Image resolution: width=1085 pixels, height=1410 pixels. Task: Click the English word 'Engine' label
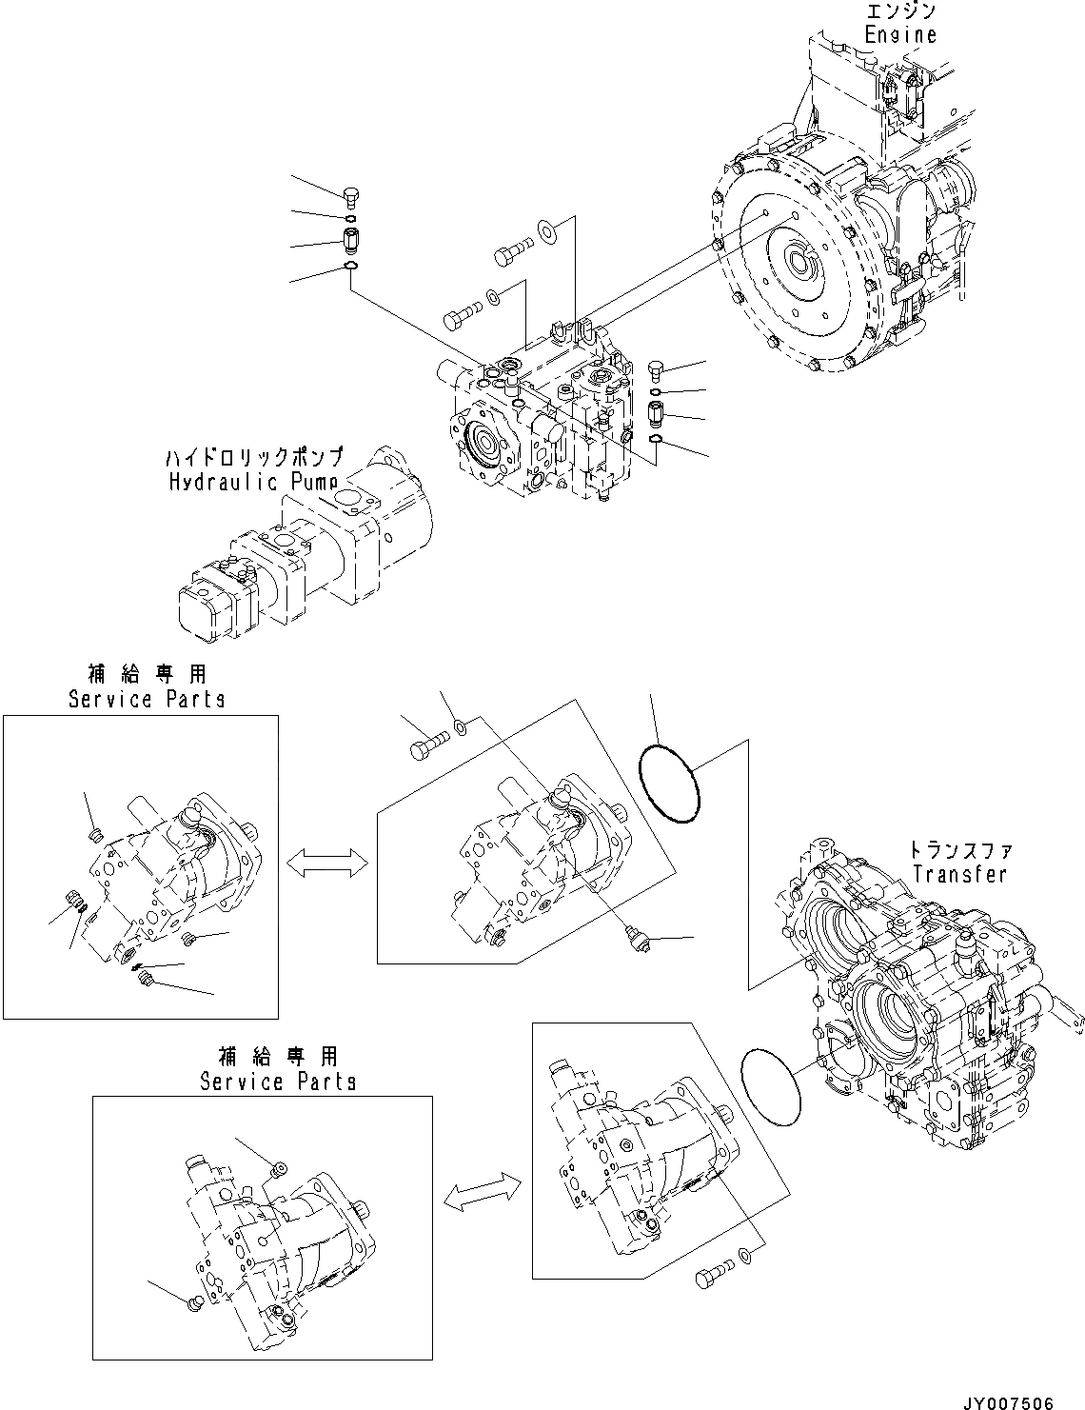899,34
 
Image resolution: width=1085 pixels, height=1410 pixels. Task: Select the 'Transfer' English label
958,873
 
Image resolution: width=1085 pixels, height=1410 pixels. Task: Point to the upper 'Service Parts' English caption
147,699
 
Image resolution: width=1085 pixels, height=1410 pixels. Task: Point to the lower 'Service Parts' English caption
278,1082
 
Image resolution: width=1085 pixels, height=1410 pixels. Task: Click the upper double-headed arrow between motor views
327,863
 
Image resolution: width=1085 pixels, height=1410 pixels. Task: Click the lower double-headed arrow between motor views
483,1193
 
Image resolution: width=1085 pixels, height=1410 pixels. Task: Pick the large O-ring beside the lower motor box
770,1082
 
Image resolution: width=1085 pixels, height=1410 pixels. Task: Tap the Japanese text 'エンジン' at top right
900,11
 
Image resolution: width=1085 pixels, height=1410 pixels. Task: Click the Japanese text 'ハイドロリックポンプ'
254,458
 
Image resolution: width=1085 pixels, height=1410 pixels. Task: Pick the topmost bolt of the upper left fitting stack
349,197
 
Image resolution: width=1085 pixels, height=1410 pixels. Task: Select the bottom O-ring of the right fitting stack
656,438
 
